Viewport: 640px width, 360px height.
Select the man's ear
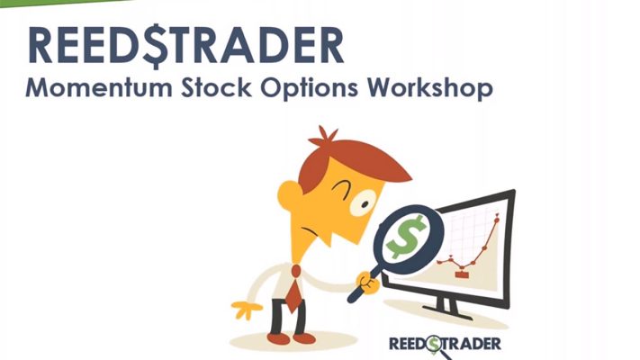point(289,193)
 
